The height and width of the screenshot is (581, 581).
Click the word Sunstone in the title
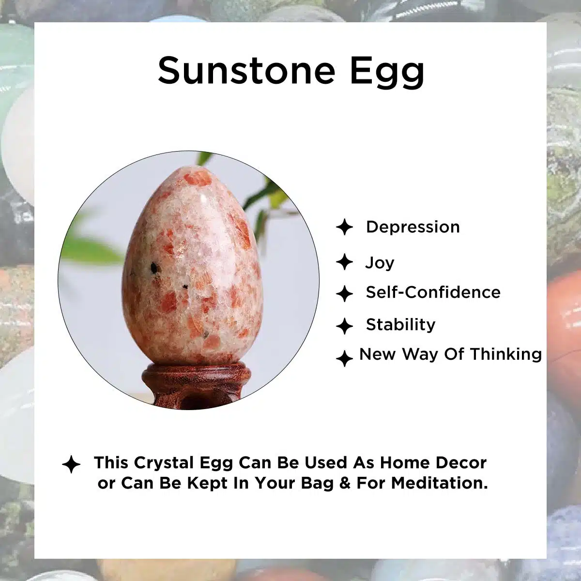(x=246, y=71)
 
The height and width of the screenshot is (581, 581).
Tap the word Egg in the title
(x=387, y=72)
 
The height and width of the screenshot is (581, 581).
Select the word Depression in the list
(x=413, y=227)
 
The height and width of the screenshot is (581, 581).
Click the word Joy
(x=380, y=263)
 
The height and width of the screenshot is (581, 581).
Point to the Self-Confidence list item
(x=433, y=292)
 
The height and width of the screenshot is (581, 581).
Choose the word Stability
(x=401, y=325)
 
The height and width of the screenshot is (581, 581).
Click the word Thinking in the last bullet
(x=506, y=354)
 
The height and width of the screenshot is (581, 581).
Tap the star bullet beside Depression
(x=345, y=227)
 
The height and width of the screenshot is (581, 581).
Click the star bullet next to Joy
(x=345, y=262)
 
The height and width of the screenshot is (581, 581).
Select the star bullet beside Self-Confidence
(x=345, y=293)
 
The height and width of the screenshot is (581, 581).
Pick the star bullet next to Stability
(x=345, y=326)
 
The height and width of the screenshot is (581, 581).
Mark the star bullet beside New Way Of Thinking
(x=345, y=358)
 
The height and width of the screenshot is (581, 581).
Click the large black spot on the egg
(x=154, y=268)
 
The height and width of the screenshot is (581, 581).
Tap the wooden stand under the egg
(x=196, y=386)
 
